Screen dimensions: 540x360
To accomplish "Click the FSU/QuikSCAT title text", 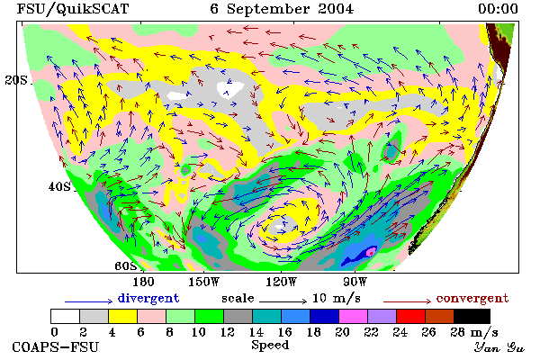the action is point(73,9).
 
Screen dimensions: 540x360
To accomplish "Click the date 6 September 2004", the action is point(282,9).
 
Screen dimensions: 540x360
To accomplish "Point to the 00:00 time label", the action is point(498,9).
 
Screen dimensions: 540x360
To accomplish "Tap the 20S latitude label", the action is point(16,80).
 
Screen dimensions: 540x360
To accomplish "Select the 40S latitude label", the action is point(59,186).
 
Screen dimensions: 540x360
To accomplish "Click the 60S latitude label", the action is point(126,265).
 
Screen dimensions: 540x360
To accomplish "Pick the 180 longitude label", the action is point(143,282).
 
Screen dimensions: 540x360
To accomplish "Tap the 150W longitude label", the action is point(204,282).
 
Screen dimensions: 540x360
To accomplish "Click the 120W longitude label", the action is point(281,282).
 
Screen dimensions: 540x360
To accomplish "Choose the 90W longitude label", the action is point(355,282).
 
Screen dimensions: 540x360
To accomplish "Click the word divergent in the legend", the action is point(148,298).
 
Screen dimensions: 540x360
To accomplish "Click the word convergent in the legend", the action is point(472,298).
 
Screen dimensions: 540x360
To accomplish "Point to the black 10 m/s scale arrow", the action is point(283,301).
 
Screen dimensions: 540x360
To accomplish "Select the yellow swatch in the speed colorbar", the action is point(122,316).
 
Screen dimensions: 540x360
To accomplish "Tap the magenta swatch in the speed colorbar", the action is point(354,316).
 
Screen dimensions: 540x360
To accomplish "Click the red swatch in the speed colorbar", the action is point(411,316).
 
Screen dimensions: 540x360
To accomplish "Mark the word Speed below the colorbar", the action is point(270,346).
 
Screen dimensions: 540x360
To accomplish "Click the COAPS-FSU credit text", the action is point(56,346).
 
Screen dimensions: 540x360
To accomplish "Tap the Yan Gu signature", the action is point(499,347).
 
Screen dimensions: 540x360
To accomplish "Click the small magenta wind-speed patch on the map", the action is point(371,251).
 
